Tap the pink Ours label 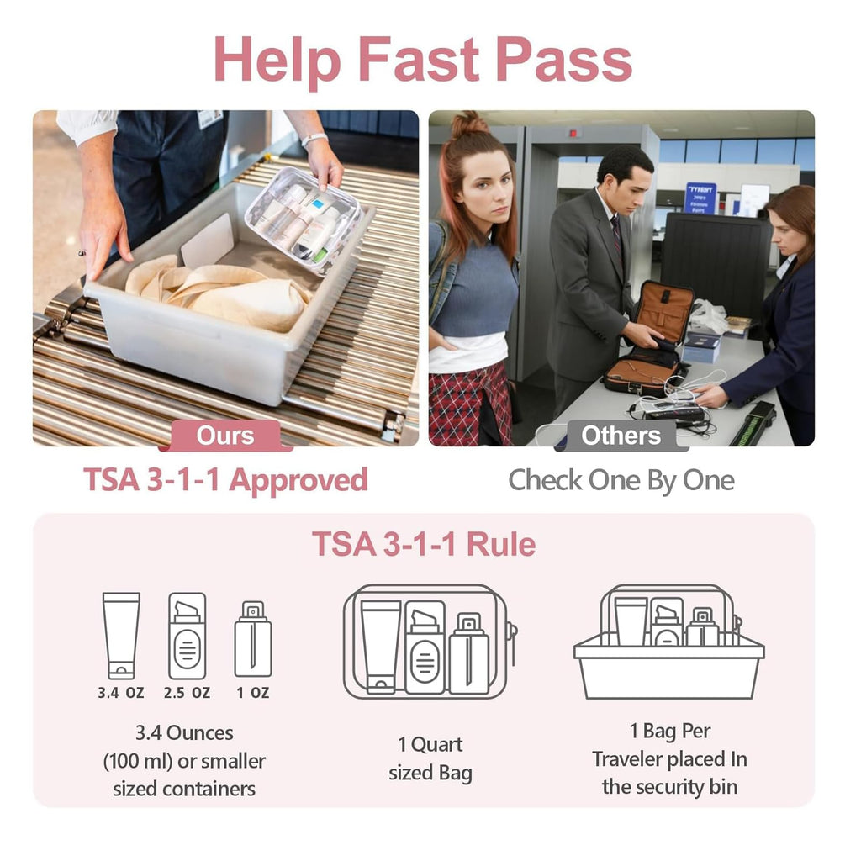click(x=225, y=436)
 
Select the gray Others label click(x=621, y=436)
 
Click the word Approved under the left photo click(x=298, y=481)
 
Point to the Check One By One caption click(x=621, y=480)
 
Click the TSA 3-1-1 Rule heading click(x=424, y=544)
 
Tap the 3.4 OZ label click(x=121, y=693)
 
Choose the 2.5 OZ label click(x=187, y=693)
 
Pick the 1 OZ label click(x=253, y=693)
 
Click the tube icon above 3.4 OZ click(x=121, y=636)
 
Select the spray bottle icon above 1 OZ click(x=253, y=639)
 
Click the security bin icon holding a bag click(x=668, y=642)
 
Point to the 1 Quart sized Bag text click(x=430, y=758)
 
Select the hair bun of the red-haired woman click(x=468, y=124)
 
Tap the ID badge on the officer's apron click(x=209, y=118)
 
